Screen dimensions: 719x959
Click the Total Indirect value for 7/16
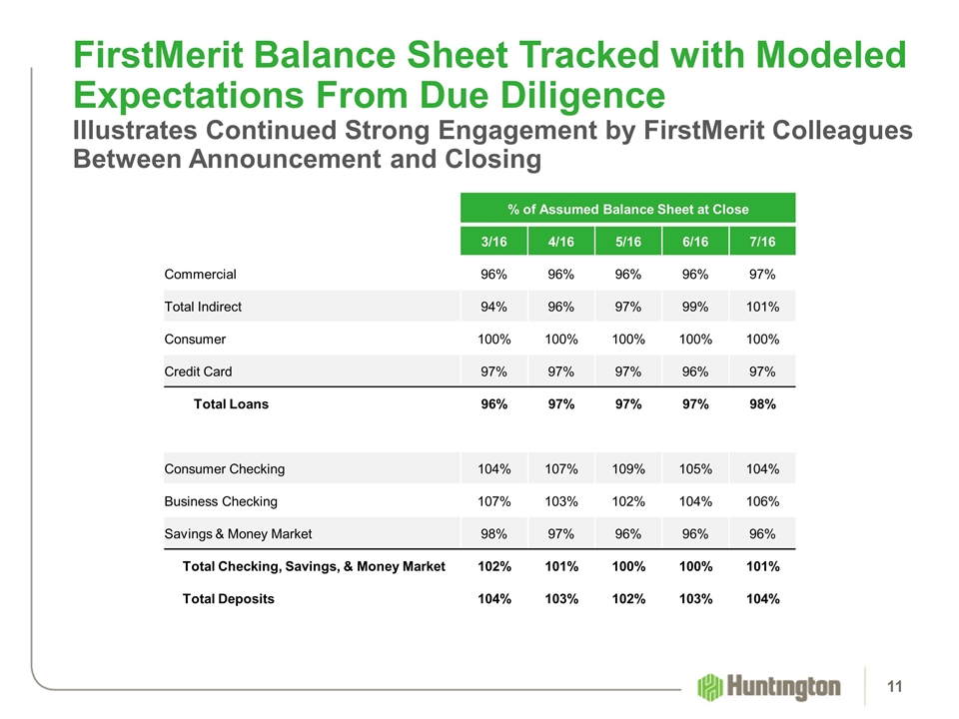(x=762, y=306)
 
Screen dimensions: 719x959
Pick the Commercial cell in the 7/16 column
(x=762, y=273)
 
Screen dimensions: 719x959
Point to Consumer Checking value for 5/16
(x=627, y=468)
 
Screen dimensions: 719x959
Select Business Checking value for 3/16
(x=492, y=500)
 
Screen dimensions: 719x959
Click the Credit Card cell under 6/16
(x=695, y=371)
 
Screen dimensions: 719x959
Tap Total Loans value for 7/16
(x=762, y=404)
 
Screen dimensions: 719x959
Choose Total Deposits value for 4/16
(x=560, y=599)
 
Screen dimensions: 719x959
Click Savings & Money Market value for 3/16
(x=492, y=533)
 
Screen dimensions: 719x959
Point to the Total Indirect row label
(x=203, y=306)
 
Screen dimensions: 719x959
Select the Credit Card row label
(x=198, y=371)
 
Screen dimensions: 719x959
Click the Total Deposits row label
(x=228, y=599)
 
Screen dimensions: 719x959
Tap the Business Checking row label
(x=221, y=500)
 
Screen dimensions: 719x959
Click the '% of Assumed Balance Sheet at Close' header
(x=627, y=209)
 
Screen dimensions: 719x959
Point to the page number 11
(x=894, y=686)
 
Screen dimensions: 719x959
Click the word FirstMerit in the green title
(x=154, y=55)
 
